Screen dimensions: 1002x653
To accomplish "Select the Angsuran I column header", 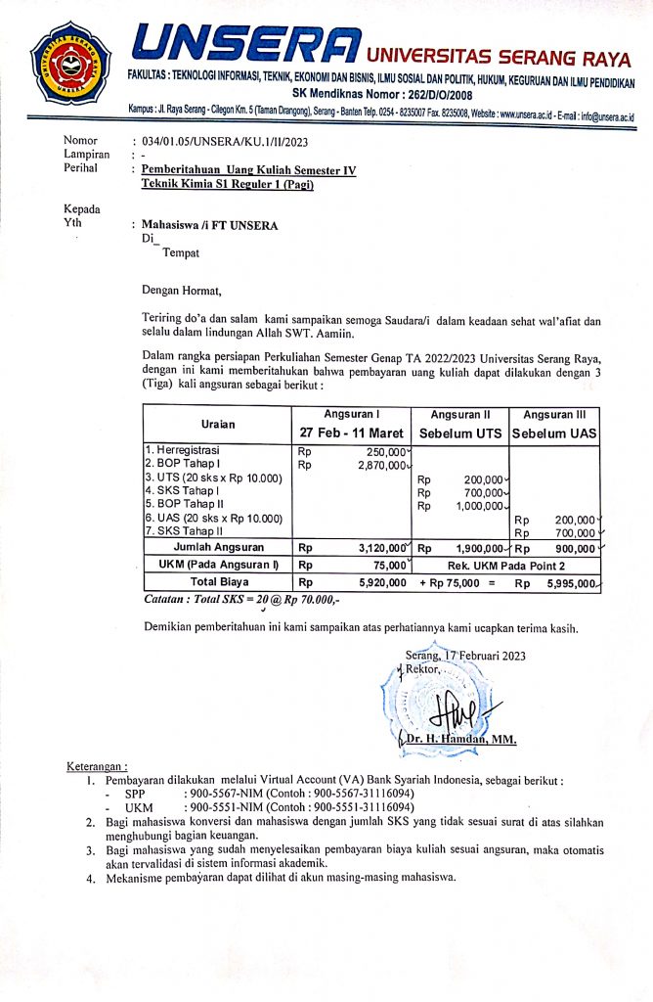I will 352,414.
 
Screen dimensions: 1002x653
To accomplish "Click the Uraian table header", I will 217,424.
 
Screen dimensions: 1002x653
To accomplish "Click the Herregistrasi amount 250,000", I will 383,451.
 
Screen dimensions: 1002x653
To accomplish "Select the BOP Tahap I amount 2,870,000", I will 379,465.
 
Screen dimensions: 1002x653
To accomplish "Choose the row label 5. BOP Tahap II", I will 184,506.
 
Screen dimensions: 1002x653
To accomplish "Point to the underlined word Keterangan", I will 98,764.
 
